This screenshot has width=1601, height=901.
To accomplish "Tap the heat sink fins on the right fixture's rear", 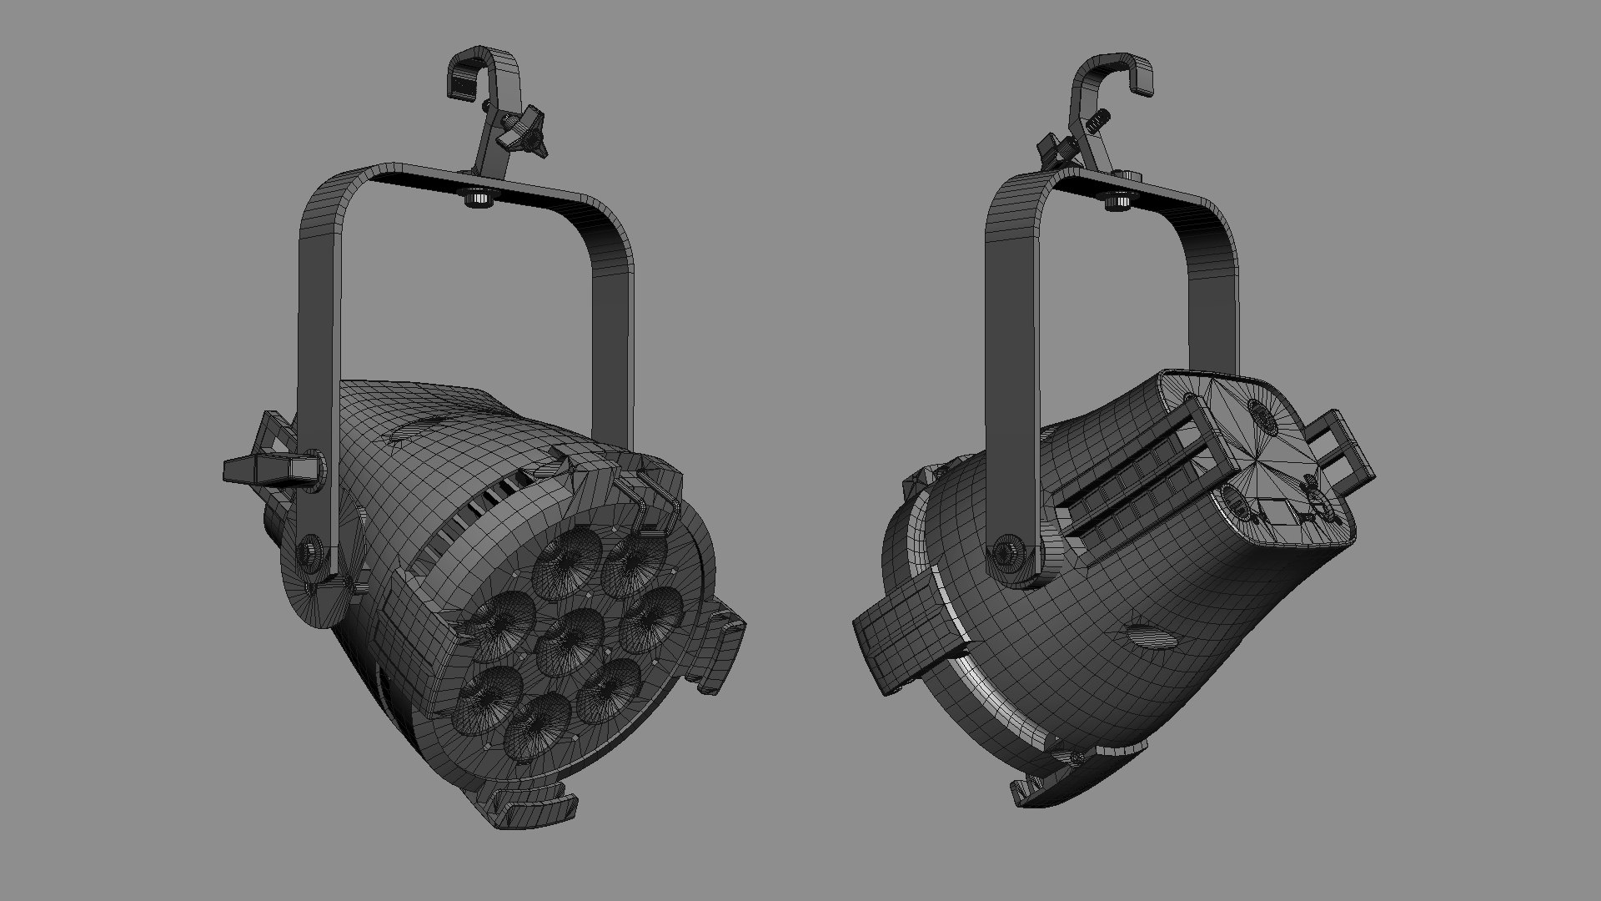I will pyautogui.click(x=1126, y=492).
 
